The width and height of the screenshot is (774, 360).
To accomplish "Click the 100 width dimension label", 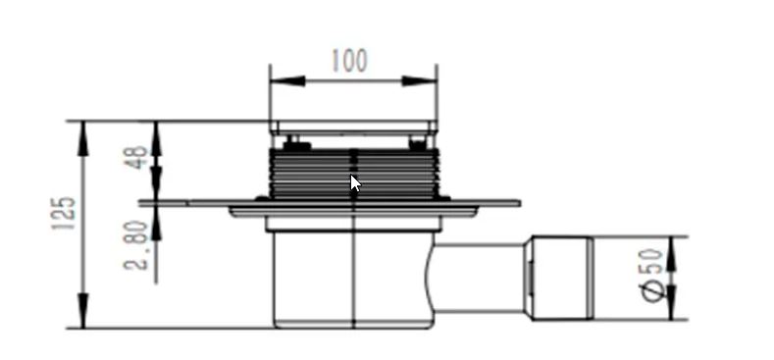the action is (349, 60).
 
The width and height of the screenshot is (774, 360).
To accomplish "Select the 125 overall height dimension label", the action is (64, 213).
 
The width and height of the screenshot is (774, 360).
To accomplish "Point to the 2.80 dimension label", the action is (136, 245).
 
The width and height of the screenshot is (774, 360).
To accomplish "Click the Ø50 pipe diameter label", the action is (651, 275).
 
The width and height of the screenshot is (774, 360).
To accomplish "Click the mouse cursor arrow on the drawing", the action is (355, 183).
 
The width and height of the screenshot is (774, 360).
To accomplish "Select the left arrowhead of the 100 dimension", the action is (287, 80).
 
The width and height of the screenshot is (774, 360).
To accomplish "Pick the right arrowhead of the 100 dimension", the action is (419, 80).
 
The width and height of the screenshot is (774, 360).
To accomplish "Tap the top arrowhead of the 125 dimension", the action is (83, 138).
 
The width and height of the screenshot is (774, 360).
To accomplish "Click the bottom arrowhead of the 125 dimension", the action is (83, 310).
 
